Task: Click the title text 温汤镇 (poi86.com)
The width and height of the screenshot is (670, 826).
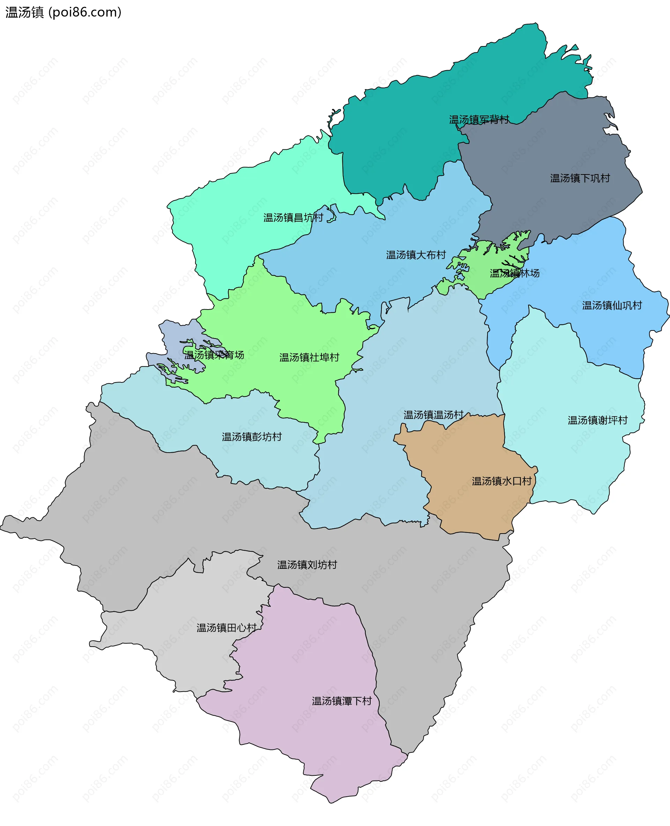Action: [63, 12]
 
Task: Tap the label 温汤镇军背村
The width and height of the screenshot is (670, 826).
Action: [479, 120]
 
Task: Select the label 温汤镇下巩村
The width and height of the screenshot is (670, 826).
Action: [580, 178]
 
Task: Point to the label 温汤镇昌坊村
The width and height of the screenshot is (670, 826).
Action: [293, 218]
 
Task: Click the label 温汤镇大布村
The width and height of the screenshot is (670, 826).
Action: [416, 255]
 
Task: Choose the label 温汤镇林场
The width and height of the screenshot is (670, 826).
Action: [514, 273]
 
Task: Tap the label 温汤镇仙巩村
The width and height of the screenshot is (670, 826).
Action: [612, 305]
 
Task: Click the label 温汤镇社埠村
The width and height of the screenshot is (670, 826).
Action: [309, 357]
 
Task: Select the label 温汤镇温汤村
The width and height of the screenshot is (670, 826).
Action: [433, 415]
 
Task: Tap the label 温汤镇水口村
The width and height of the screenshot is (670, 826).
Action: [502, 481]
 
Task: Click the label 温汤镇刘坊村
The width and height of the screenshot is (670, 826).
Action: [307, 565]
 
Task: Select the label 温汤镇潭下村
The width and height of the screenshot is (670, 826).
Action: [342, 701]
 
